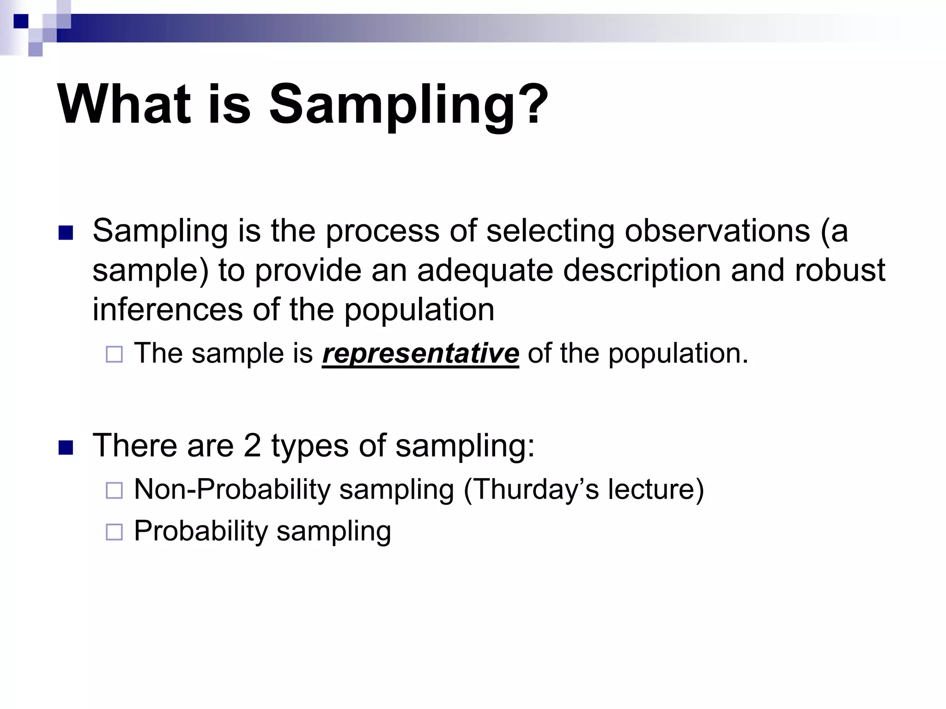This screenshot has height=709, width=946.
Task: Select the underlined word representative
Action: click(420, 354)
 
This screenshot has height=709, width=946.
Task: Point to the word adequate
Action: click(485, 270)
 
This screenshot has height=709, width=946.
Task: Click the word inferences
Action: click(167, 309)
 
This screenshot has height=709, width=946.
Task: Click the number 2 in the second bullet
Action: click(252, 445)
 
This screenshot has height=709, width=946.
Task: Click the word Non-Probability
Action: click(232, 489)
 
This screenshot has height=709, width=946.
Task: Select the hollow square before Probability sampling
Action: click(114, 532)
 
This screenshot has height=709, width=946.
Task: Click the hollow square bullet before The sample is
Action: click(114, 354)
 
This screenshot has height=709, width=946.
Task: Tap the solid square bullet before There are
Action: click(66, 448)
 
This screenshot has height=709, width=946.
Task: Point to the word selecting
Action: click(550, 231)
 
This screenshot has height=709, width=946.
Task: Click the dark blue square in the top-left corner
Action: click(21, 21)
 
